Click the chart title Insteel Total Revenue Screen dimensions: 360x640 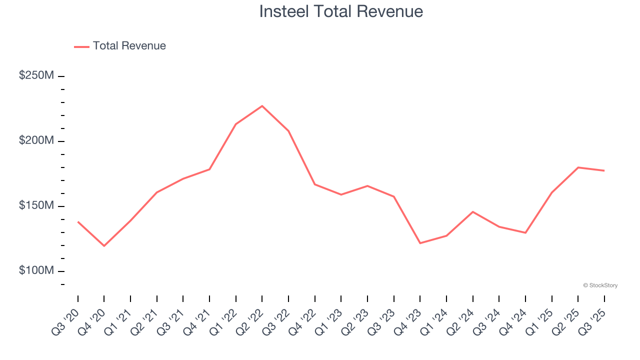click(341, 11)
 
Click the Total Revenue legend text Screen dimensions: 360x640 click(129, 46)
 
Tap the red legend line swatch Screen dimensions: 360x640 click(81, 46)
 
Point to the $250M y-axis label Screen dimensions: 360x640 click(36, 75)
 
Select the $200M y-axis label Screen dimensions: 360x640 click(36, 140)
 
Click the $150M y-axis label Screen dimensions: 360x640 click(36, 205)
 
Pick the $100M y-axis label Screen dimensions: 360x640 click(36, 270)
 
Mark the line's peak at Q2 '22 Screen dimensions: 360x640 click(262, 106)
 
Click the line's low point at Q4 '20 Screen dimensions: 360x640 click(104, 246)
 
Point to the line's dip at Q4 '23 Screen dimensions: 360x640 click(420, 243)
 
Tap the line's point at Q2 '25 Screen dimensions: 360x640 click(578, 167)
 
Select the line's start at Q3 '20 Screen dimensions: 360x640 click(78, 221)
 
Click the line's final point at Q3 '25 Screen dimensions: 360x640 click(604, 170)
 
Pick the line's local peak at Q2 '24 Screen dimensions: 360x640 click(472, 211)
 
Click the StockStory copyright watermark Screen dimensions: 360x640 click(600, 285)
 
